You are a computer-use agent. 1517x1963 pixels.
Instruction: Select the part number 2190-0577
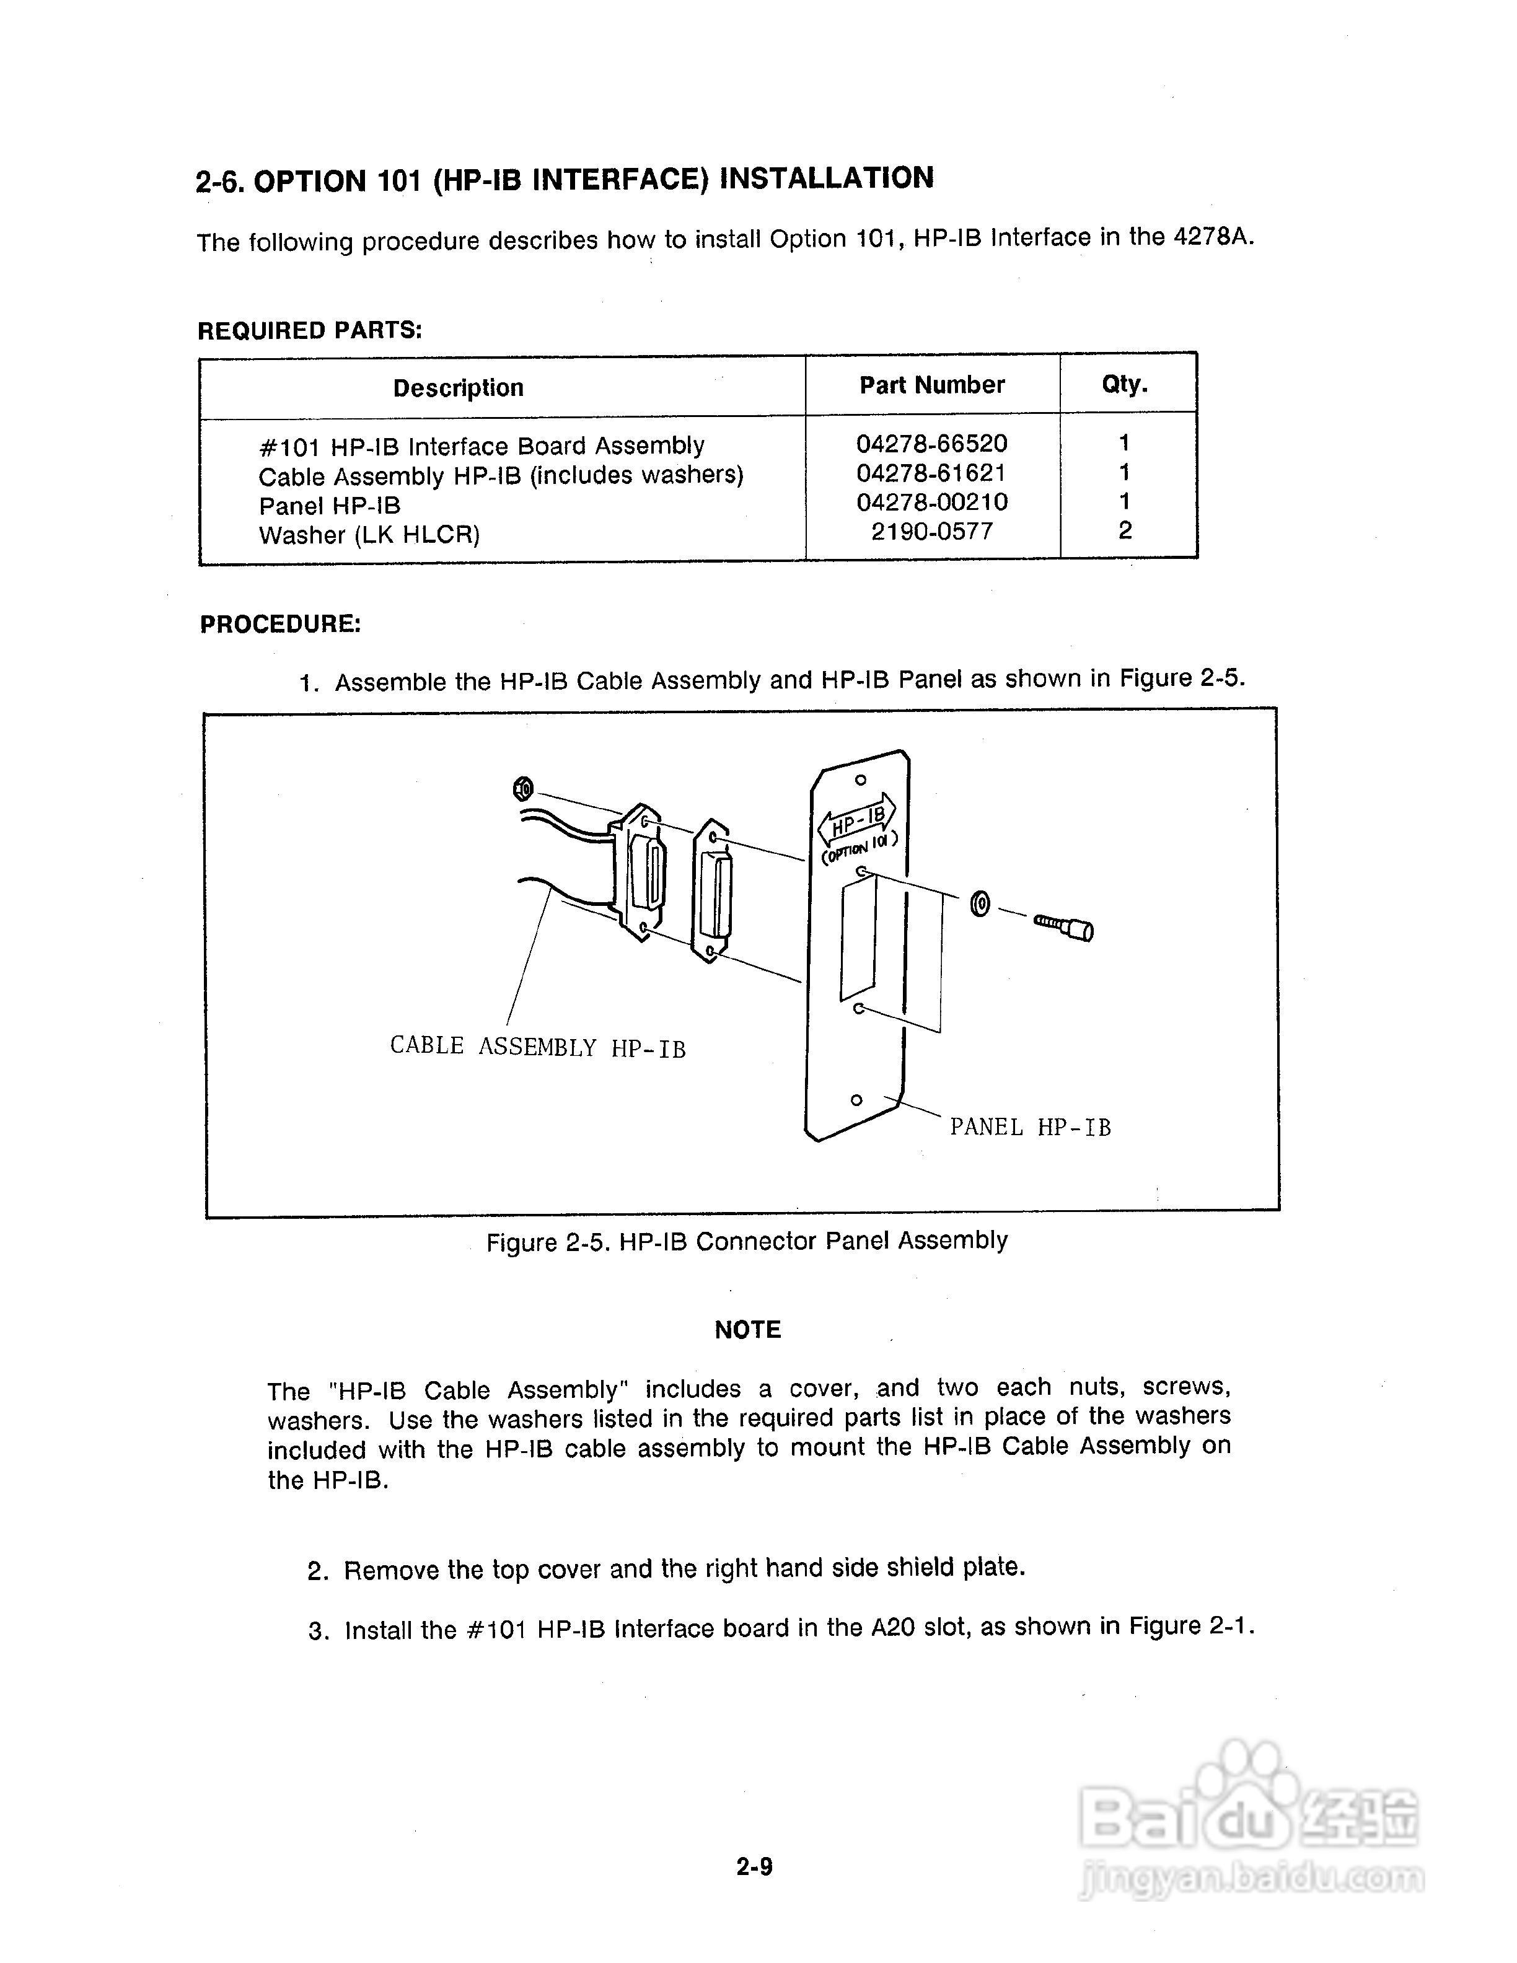pyautogui.click(x=932, y=531)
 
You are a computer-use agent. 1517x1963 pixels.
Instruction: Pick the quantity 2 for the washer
pyautogui.click(x=1124, y=530)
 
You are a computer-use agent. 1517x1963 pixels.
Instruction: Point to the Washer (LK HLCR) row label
pyautogui.click(x=369, y=535)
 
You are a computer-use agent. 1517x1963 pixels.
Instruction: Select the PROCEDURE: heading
pyautogui.click(x=280, y=624)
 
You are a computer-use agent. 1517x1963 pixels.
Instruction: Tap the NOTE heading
pyautogui.click(x=748, y=1329)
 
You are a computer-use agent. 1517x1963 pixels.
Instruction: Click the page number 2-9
pyautogui.click(x=754, y=1867)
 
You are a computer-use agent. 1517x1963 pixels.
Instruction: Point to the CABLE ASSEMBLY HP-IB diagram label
pyautogui.click(x=537, y=1046)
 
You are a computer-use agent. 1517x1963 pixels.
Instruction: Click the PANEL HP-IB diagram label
pyautogui.click(x=1030, y=1127)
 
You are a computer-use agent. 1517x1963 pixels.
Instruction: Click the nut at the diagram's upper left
pyautogui.click(x=522, y=789)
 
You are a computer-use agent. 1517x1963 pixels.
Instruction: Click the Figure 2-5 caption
pyautogui.click(x=746, y=1241)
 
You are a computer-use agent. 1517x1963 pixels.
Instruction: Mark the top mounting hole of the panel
pyautogui.click(x=860, y=780)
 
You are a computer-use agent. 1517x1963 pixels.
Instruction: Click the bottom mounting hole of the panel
pyautogui.click(x=856, y=1100)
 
